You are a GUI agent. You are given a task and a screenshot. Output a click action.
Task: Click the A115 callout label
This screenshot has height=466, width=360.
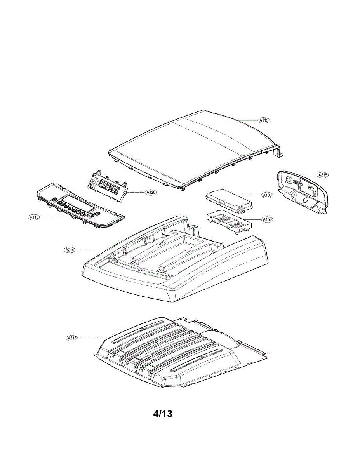(264, 120)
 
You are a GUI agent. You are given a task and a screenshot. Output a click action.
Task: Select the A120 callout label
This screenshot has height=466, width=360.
(151, 192)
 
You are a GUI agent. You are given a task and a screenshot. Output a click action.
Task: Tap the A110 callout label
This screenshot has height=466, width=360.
(34, 217)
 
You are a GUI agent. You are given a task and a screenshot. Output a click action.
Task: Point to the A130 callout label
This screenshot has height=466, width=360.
(267, 195)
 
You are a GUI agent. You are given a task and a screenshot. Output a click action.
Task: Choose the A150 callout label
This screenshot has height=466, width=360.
(267, 219)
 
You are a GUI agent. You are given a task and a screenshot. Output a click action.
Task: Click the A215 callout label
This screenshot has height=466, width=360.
(323, 175)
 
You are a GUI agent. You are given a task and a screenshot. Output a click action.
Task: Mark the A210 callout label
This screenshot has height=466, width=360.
(70, 249)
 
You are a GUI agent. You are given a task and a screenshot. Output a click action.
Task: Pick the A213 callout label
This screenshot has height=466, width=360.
(72, 338)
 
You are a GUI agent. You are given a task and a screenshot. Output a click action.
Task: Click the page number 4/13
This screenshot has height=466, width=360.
(163, 414)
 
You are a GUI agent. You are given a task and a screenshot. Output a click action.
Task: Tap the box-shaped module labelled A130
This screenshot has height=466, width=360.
(229, 200)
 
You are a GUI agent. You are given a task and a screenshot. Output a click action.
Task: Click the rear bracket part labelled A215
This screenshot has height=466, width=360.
(303, 192)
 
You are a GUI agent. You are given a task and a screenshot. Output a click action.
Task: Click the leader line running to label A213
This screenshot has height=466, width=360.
(93, 338)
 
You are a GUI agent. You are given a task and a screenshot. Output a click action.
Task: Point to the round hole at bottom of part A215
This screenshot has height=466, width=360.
(305, 201)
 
